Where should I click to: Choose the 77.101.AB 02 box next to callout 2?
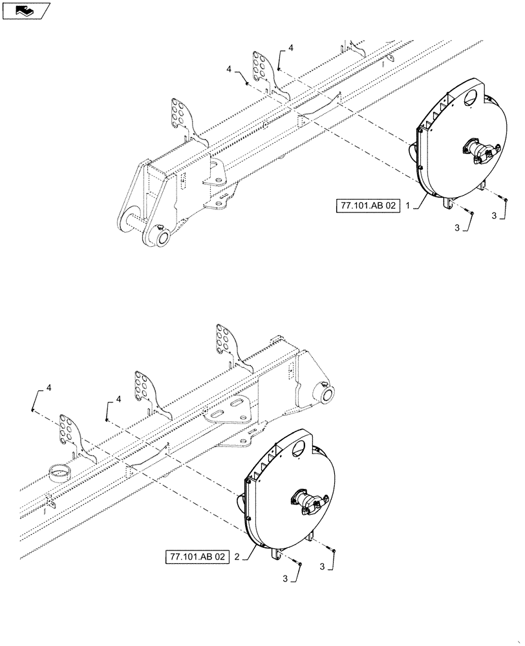click(x=197, y=556)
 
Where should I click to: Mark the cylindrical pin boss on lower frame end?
click(x=325, y=394)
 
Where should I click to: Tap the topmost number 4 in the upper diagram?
click(x=290, y=48)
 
